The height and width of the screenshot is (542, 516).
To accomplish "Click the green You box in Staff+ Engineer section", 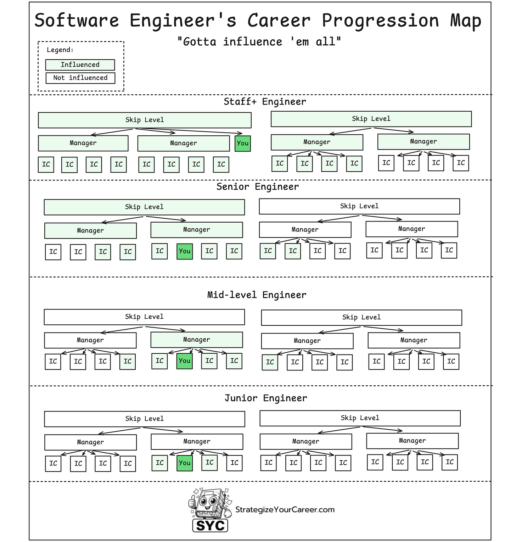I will click(x=243, y=144).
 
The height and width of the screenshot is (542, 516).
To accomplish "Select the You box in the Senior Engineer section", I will click(x=185, y=251).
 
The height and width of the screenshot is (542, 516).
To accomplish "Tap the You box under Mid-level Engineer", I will click(x=185, y=361).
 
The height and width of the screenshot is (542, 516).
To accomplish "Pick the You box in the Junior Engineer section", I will click(x=185, y=463).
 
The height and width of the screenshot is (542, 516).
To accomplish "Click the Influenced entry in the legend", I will click(x=80, y=65).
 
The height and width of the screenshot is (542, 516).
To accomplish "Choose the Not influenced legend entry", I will click(x=80, y=78).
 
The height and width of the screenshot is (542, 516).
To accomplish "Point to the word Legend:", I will click(x=60, y=50).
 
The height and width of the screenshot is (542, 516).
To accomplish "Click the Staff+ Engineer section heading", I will click(x=265, y=102).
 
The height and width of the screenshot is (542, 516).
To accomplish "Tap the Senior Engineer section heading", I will click(x=258, y=187).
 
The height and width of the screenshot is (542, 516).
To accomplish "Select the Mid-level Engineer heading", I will click(x=257, y=295).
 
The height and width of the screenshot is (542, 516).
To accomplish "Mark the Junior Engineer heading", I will click(x=266, y=398).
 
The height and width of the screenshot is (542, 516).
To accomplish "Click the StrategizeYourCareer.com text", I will click(x=285, y=510).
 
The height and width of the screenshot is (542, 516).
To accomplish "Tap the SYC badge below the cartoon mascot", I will click(x=210, y=525).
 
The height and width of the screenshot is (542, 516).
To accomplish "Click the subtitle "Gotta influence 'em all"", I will click(x=259, y=42).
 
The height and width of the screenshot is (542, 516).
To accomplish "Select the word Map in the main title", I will click(x=466, y=21).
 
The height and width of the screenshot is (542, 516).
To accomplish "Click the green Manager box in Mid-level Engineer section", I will click(x=197, y=340).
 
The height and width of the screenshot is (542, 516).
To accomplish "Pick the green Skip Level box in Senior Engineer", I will click(x=144, y=207).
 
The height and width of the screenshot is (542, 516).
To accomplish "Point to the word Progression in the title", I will click(x=380, y=21).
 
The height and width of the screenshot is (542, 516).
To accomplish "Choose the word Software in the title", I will click(x=77, y=21).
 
